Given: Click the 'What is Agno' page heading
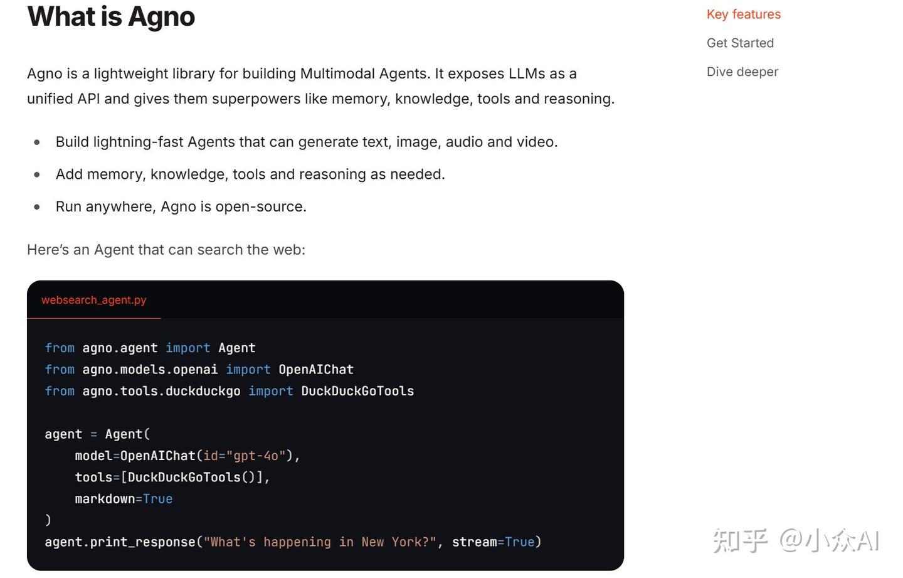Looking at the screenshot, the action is (x=111, y=17).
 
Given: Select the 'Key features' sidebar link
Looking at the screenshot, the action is (x=743, y=14).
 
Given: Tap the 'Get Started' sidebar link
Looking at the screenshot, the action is (x=740, y=43).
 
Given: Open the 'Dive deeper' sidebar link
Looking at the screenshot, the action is (x=742, y=72).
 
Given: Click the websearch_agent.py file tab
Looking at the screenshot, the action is (x=93, y=300).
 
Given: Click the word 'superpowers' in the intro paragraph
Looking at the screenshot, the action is (x=256, y=99).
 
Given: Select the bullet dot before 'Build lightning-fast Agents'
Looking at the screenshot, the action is (x=37, y=142).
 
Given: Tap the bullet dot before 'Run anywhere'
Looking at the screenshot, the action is (x=37, y=207).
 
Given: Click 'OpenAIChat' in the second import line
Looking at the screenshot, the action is (x=316, y=370).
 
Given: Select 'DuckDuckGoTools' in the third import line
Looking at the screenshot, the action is (x=357, y=391).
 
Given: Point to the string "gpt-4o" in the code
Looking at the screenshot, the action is (x=256, y=456).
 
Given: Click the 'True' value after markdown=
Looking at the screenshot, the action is (x=157, y=499).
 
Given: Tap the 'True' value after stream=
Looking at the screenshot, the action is (x=520, y=542).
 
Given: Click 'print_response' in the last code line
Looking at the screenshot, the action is (x=142, y=542).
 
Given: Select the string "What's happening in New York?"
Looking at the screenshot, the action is (x=320, y=542).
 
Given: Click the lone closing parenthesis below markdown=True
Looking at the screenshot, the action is (x=48, y=520).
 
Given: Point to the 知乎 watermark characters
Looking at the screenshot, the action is (x=741, y=541).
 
